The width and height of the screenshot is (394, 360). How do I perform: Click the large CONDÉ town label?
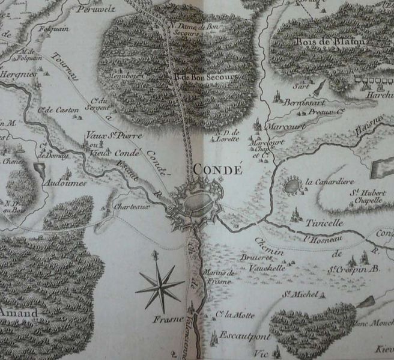coord(218,169)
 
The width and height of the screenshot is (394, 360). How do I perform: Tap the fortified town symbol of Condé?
coord(198,204)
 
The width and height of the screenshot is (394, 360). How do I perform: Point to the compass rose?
coord(159,287)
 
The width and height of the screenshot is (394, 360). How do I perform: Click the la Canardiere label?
coord(329,181)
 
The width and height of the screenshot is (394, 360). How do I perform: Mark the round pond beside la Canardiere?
coord(292,185)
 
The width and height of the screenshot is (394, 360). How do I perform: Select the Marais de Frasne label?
coord(219,277)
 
